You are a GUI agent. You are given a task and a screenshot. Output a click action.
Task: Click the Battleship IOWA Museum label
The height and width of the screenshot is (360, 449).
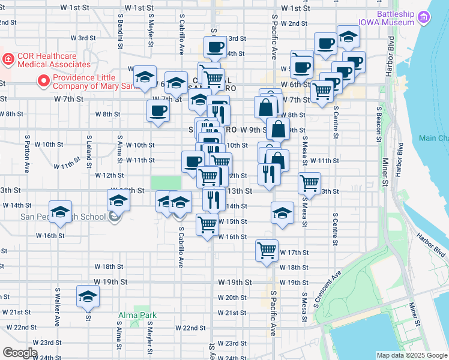(396, 18)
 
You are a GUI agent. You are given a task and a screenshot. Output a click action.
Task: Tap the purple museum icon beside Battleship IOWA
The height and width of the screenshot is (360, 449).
(425, 16)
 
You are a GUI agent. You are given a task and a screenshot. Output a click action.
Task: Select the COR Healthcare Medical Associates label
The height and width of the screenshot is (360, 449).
(54, 60)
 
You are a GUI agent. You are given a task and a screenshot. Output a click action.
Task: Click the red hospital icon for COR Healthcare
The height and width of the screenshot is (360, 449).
(8, 59)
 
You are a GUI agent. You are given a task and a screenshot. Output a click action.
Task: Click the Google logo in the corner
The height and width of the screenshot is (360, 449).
(20, 353)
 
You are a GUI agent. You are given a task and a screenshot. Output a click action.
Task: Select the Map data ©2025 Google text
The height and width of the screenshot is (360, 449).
(411, 355)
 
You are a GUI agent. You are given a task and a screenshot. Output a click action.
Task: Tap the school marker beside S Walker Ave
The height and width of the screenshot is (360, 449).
(60, 212)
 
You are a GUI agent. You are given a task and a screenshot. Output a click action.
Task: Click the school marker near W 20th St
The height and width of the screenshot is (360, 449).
(88, 297)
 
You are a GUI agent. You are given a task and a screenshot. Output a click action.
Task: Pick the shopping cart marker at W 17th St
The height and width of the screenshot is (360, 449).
(267, 250)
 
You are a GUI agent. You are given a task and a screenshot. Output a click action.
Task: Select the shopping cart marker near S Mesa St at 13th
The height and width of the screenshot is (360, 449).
(309, 182)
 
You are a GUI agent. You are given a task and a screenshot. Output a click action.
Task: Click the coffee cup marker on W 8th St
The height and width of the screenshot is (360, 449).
(158, 111)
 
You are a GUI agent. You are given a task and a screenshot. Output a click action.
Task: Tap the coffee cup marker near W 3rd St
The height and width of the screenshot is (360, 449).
(215, 47)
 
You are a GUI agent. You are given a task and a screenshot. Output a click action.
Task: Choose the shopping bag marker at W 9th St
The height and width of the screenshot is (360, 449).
(278, 128)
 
